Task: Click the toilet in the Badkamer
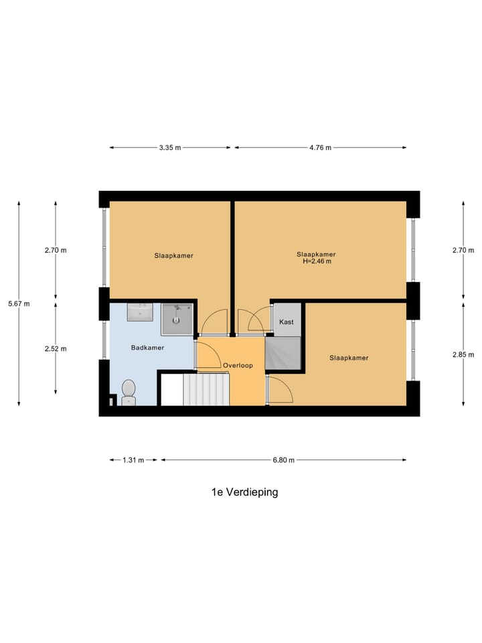coord(129,390)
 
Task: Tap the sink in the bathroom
coord(141,311)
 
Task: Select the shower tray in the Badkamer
coord(177,318)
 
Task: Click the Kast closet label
coord(287,322)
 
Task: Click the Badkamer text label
coord(147,348)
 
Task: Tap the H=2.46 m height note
coord(316,261)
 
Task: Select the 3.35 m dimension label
coord(169,148)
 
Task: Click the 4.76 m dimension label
coord(320,148)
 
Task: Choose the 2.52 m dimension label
coord(56,348)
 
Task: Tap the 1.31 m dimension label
coord(133,460)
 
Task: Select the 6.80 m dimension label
coord(283,460)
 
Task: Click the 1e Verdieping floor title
coord(244,492)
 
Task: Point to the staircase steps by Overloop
coord(206,389)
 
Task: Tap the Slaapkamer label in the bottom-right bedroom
coord(349,358)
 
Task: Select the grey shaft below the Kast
coord(283,353)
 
